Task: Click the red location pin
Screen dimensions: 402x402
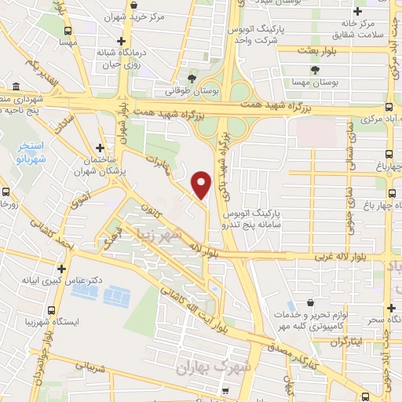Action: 202,185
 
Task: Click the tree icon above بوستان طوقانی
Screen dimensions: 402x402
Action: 193,77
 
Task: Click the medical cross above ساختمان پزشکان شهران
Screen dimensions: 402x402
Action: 99,148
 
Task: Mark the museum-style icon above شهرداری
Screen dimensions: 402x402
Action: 16,86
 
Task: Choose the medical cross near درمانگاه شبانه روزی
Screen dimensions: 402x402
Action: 119,41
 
